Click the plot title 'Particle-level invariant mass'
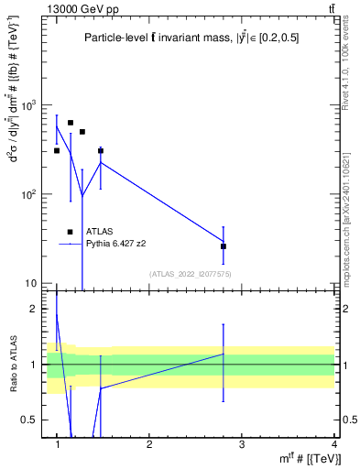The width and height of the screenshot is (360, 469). pos(190,38)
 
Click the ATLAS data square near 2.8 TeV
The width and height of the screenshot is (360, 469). pos(224,246)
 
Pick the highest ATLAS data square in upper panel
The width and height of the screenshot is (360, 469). pos(71,123)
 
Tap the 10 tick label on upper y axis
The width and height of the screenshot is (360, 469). pos(33,283)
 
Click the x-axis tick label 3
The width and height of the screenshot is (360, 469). pos(242,444)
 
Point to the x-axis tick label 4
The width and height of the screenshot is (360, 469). pos(333,444)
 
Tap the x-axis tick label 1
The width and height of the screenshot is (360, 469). pos(58,444)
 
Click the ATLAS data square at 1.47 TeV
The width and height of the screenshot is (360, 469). pos(101,150)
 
